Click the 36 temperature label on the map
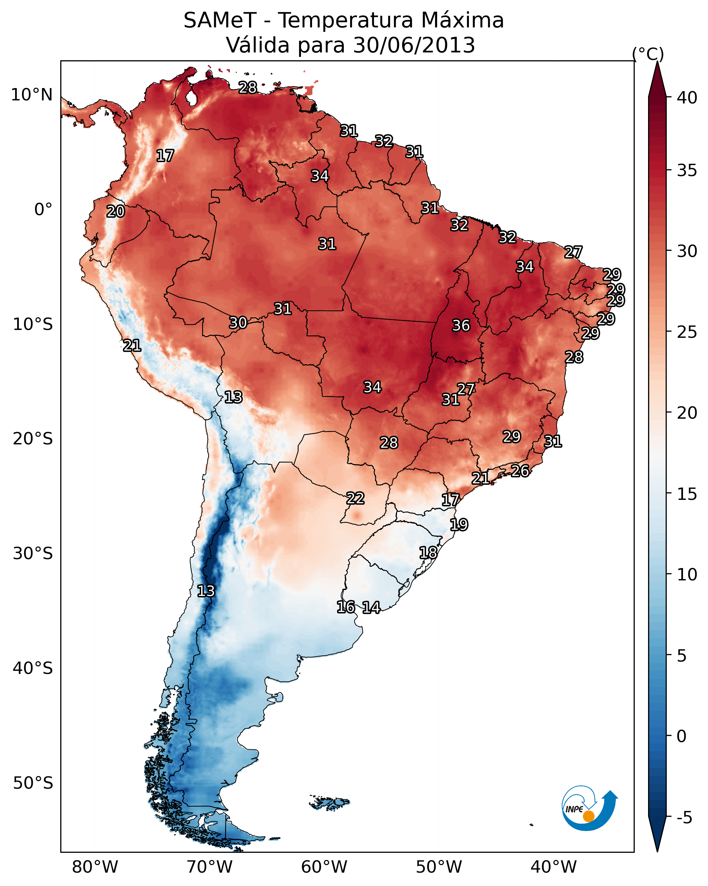point(461,325)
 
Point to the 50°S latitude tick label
point(33,783)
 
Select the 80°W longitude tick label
point(95,867)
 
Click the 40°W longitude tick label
point(554,867)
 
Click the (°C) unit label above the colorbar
point(648,54)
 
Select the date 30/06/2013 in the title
point(414,45)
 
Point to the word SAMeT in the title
point(220,21)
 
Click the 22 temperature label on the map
point(355,499)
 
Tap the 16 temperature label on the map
point(346,607)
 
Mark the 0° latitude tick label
point(43,210)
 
